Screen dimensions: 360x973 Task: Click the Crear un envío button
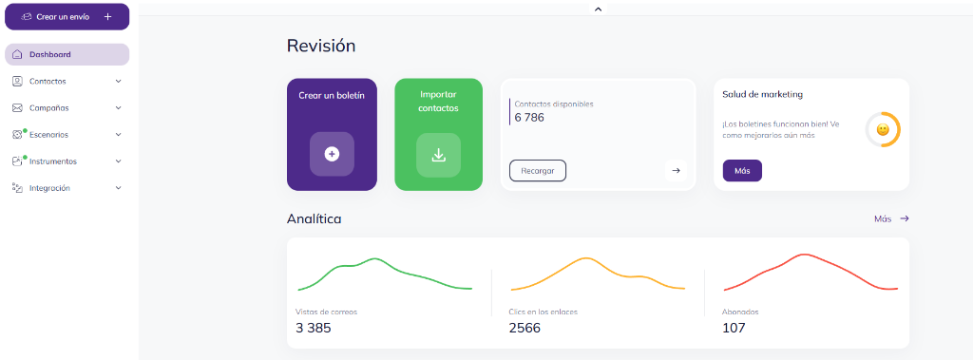tap(67, 16)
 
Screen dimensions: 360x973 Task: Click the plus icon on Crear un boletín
tap(332, 154)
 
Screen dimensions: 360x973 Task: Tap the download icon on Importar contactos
tap(438, 154)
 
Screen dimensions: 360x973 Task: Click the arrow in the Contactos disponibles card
tap(676, 171)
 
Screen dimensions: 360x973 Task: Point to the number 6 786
tap(529, 118)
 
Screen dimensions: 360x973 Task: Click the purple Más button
tap(742, 171)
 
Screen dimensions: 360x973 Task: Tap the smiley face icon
tap(883, 129)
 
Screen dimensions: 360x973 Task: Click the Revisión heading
tap(321, 46)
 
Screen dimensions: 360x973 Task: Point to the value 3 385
tap(314, 328)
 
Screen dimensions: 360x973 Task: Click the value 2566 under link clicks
tap(525, 328)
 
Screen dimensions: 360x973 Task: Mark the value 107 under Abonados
tap(734, 328)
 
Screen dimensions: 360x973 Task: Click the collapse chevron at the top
tap(598, 9)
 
